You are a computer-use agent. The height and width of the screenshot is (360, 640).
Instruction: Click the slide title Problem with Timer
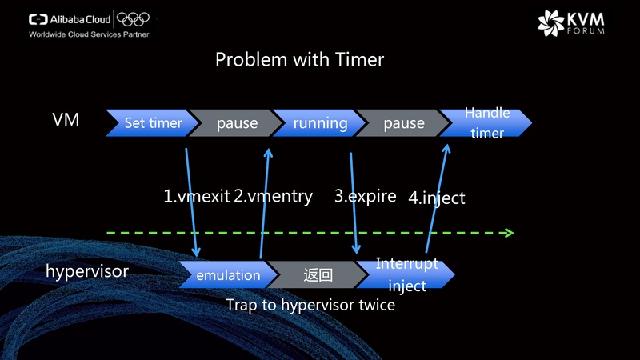coord(299,60)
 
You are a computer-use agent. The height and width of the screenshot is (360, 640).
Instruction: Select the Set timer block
coord(152,123)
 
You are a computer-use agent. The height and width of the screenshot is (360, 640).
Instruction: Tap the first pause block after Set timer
coord(237,123)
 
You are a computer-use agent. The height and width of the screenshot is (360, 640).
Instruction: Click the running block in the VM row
coord(320,123)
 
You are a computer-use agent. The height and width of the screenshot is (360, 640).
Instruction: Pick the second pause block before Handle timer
coord(404,123)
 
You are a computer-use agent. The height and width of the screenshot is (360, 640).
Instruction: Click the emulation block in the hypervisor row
coord(228,274)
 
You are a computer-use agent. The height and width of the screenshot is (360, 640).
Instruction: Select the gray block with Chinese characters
coord(317,274)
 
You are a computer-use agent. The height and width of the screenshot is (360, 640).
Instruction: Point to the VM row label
coord(66,122)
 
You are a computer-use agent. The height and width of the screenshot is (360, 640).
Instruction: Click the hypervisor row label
coord(86,271)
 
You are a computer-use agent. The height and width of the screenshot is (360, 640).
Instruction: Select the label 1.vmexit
coord(197,196)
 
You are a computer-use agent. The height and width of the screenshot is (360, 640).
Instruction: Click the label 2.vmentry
coord(273,196)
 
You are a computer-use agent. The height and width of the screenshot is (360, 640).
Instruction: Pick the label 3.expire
coord(365,196)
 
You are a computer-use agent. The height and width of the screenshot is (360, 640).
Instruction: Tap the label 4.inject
coord(436,197)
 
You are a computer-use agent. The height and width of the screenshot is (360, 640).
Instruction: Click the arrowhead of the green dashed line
coord(508,233)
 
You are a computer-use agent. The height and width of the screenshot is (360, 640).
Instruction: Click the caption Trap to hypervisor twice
coord(310,305)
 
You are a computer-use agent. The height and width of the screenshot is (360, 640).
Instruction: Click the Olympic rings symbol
coord(133,19)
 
